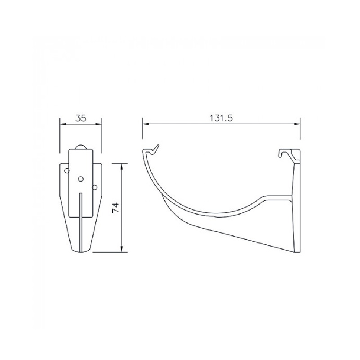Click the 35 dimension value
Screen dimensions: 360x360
click(81, 118)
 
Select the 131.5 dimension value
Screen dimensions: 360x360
click(221, 118)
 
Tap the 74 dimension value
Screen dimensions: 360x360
click(116, 207)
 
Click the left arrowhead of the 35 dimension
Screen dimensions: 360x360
click(63, 124)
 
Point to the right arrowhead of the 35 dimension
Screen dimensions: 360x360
click(99, 124)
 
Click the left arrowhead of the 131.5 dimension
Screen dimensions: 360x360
click(146, 124)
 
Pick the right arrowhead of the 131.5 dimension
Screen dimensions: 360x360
click(297, 124)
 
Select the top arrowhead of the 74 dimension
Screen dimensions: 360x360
click(121, 166)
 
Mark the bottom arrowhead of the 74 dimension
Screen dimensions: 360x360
click(121, 249)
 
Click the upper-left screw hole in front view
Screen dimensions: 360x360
click(67, 171)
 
